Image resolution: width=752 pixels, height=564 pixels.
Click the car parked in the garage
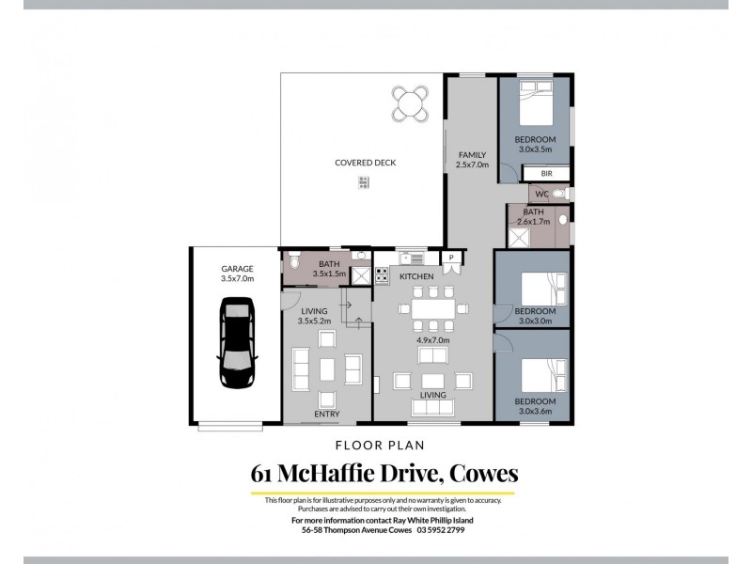click(x=235, y=343)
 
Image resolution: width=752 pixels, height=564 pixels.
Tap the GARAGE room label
click(x=236, y=269)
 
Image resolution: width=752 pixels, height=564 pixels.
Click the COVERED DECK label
click(x=366, y=163)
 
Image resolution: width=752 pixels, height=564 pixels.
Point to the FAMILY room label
click(x=472, y=154)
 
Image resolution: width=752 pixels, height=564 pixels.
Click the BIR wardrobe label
click(x=546, y=174)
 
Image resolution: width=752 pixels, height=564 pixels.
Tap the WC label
click(x=540, y=195)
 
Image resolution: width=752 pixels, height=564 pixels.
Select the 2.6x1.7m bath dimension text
click(x=534, y=222)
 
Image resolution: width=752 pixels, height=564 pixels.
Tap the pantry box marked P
click(x=451, y=258)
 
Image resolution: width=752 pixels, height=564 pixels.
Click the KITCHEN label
click(x=415, y=277)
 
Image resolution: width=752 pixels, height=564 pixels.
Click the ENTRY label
click(x=327, y=414)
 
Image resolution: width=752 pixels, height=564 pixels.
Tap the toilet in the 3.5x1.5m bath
click(x=294, y=261)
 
